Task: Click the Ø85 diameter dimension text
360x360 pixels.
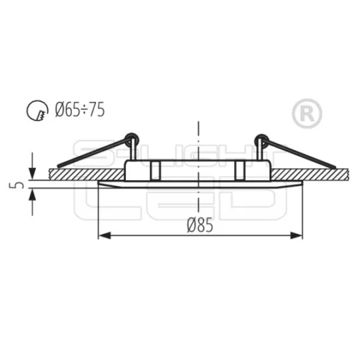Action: tap(200, 225)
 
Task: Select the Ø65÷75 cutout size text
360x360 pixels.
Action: tap(80, 109)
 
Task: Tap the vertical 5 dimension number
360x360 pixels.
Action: tap(16, 185)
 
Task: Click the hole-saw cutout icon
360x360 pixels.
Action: tap(37, 111)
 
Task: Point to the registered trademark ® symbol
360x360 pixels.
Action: tap(307, 113)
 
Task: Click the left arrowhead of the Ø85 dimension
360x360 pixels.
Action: tap(105, 235)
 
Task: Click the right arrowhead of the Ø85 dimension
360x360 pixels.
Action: tap(296, 235)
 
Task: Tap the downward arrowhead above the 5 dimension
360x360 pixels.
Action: tap(32, 174)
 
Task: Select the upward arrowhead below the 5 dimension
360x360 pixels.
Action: tap(32, 195)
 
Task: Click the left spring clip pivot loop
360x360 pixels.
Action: tap(132, 139)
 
